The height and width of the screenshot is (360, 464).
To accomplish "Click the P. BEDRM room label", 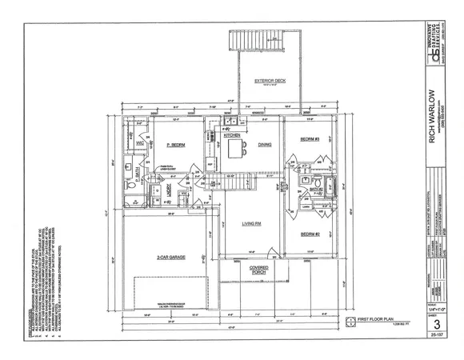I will (176, 145).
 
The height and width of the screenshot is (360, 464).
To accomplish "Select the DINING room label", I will (265, 145).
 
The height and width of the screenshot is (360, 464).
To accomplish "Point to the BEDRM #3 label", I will (310, 139).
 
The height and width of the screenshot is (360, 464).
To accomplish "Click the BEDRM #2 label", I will (310, 234).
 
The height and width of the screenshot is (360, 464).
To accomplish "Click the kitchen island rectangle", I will (234, 150).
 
